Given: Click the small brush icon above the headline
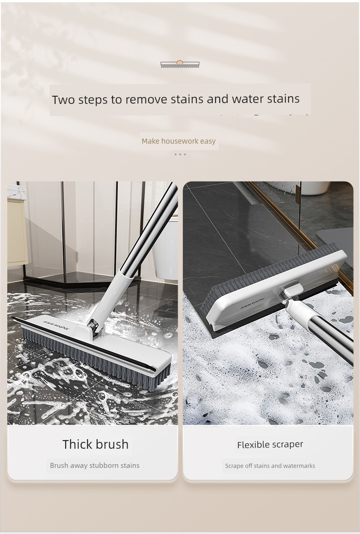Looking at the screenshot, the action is [180, 64].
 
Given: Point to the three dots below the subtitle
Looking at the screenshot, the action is [180, 154].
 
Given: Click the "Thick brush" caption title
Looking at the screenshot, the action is [96, 445].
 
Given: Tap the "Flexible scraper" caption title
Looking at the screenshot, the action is [270, 445].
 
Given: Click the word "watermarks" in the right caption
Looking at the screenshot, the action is [299, 466].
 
